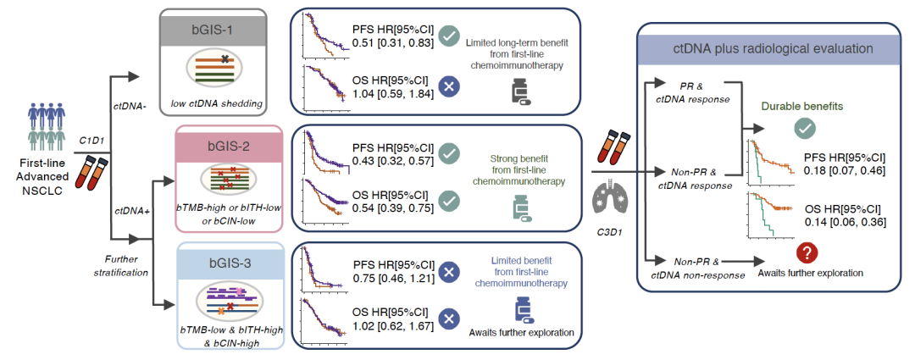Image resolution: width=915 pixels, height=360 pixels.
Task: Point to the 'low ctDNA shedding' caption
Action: tap(213, 103)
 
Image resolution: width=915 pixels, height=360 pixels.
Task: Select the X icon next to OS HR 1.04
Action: tap(451, 86)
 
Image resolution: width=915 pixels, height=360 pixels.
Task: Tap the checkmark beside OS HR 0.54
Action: tap(451, 201)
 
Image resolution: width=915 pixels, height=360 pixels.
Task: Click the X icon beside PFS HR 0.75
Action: tap(451, 273)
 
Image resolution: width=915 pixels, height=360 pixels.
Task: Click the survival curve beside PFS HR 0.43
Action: tap(321, 153)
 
